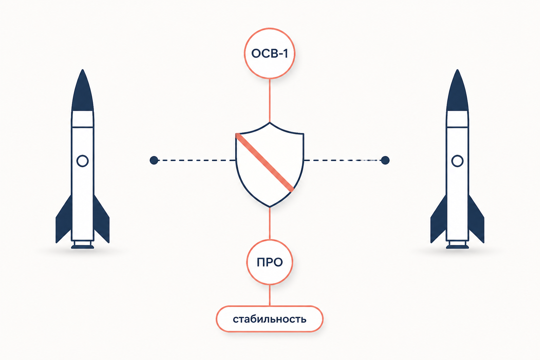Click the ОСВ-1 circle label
tap(270, 53)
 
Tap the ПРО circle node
tap(270, 262)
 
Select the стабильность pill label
tap(270, 319)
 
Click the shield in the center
tap(270, 165)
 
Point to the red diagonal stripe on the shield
tap(265, 162)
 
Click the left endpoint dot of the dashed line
tap(154, 160)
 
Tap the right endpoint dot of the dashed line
tap(385, 160)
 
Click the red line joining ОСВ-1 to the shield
tap(270, 101)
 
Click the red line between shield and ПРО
tap(270, 223)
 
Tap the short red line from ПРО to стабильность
tap(270, 295)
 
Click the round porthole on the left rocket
tap(83, 161)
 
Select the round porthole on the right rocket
tap(457, 161)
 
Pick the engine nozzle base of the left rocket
tap(83, 244)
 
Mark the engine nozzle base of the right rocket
tap(457, 244)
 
